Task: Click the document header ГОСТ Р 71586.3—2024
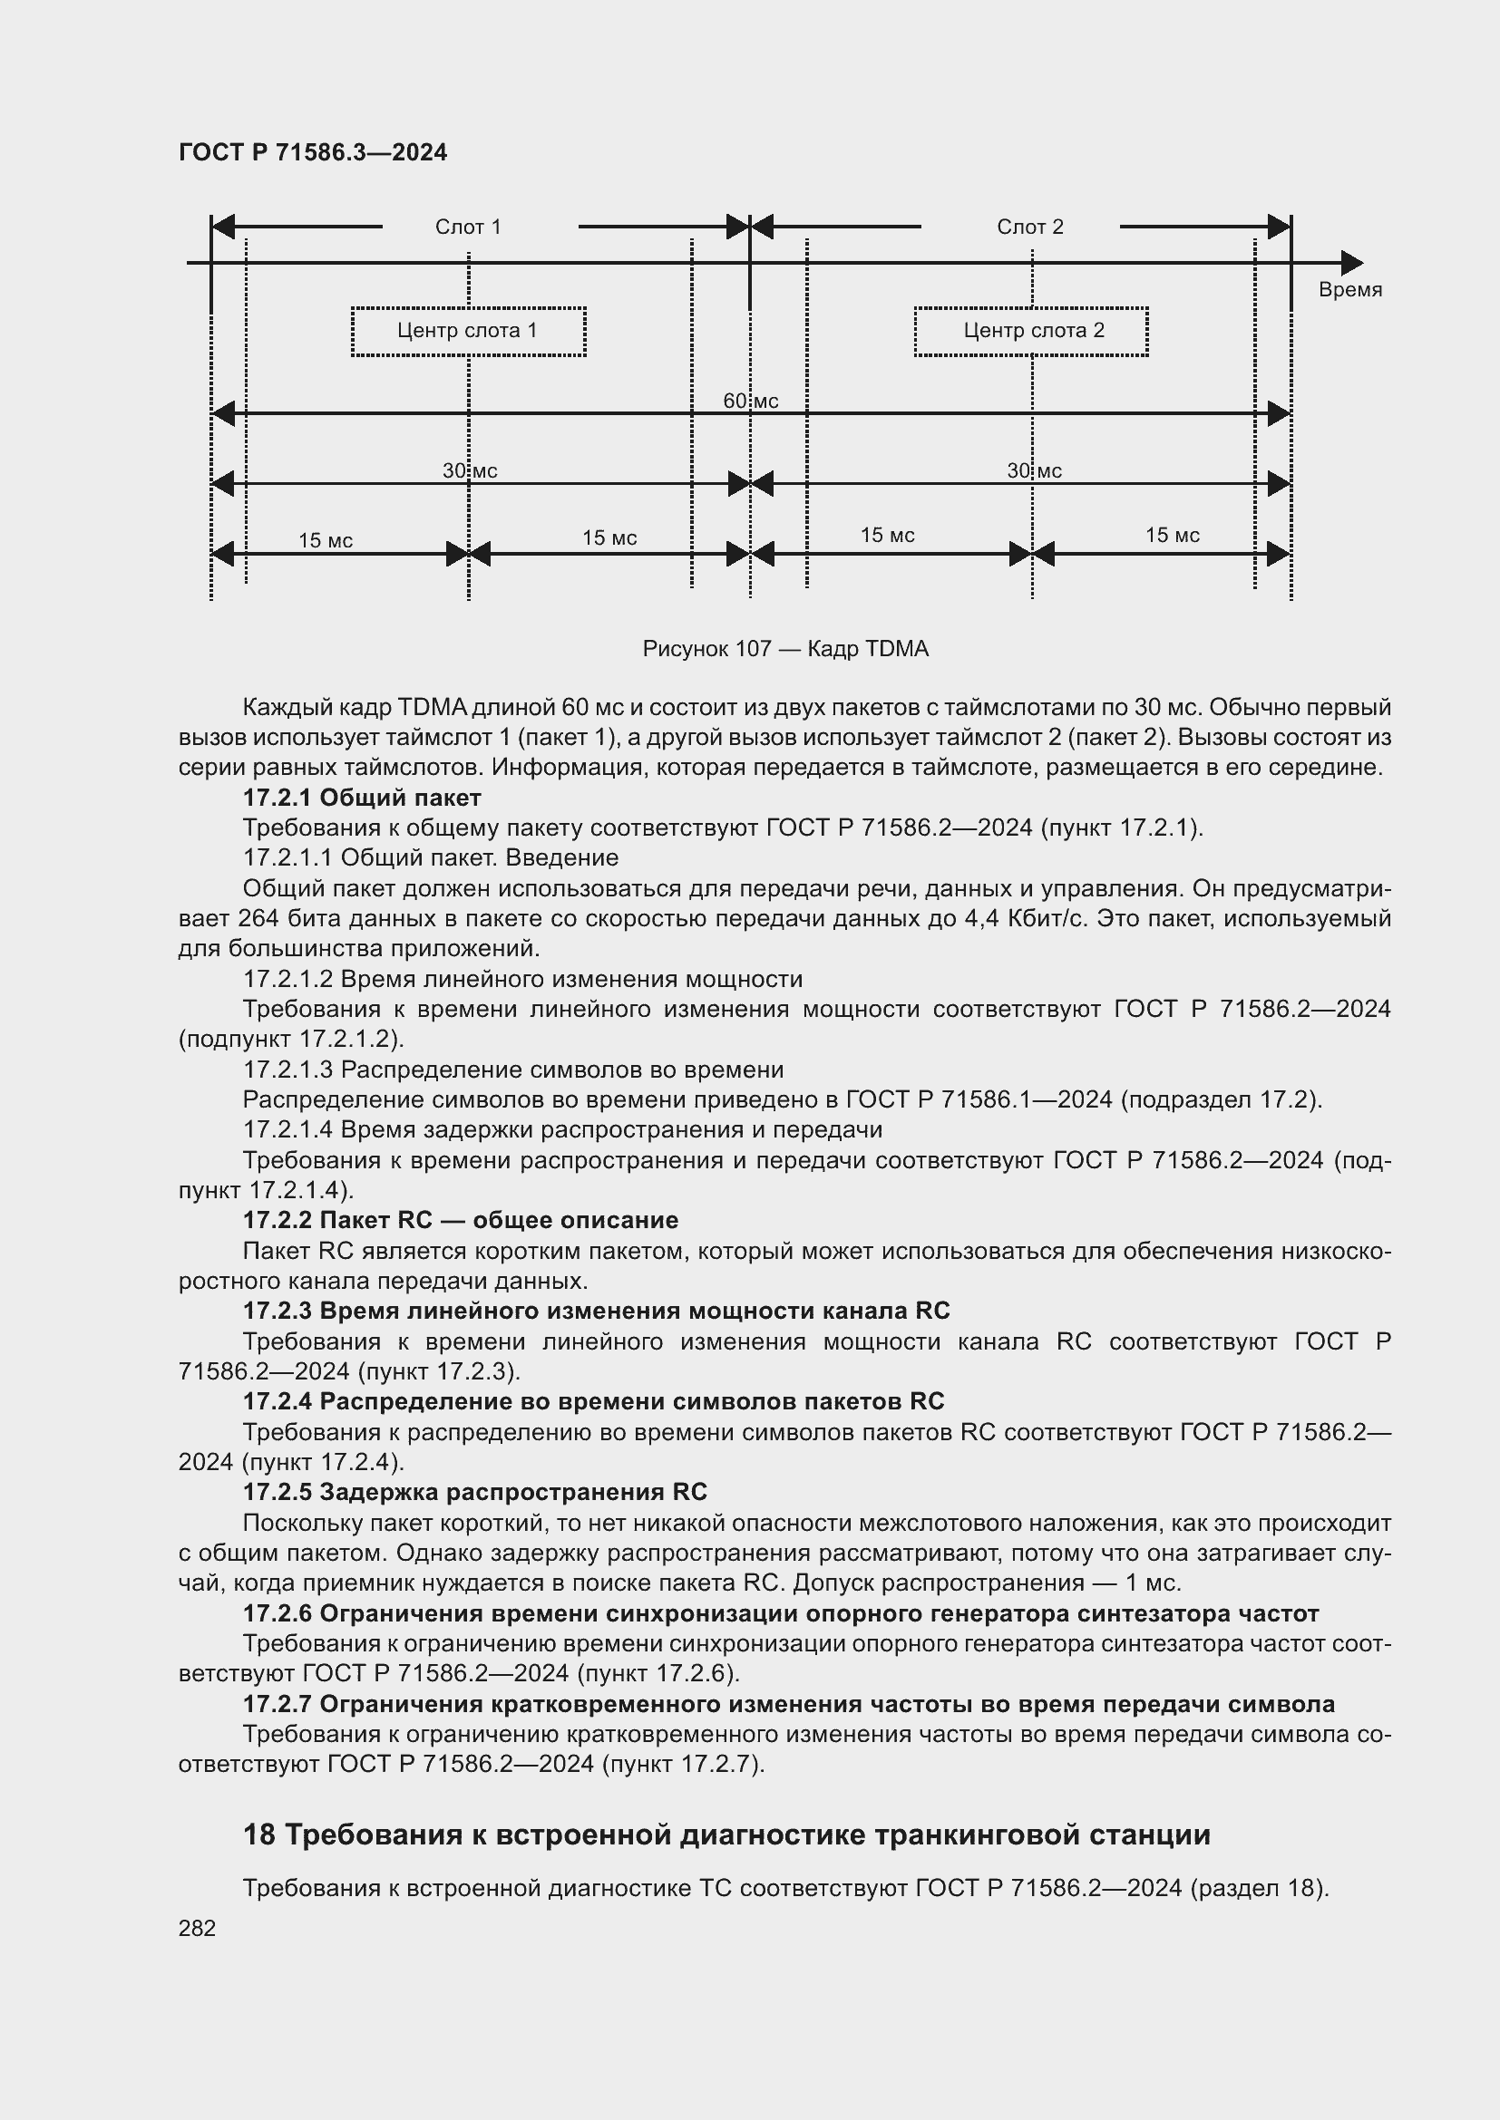coord(312,152)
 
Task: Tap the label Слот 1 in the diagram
coord(467,227)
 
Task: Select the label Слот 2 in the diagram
coord(1029,227)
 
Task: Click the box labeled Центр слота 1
coord(468,331)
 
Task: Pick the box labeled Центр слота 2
coord(1031,331)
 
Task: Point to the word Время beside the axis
coord(1349,290)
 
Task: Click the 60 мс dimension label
coord(750,401)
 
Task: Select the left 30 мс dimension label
coord(469,471)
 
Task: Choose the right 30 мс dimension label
coord(1034,471)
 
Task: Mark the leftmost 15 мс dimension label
coord(326,540)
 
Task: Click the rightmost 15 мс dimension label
coord(1172,535)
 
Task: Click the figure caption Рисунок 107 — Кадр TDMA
coord(785,649)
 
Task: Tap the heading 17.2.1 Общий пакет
coord(361,797)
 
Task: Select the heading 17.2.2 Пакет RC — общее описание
coord(460,1220)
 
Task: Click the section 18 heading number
coord(258,1834)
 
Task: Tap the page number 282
coord(197,1928)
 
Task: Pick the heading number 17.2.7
coord(278,1704)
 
